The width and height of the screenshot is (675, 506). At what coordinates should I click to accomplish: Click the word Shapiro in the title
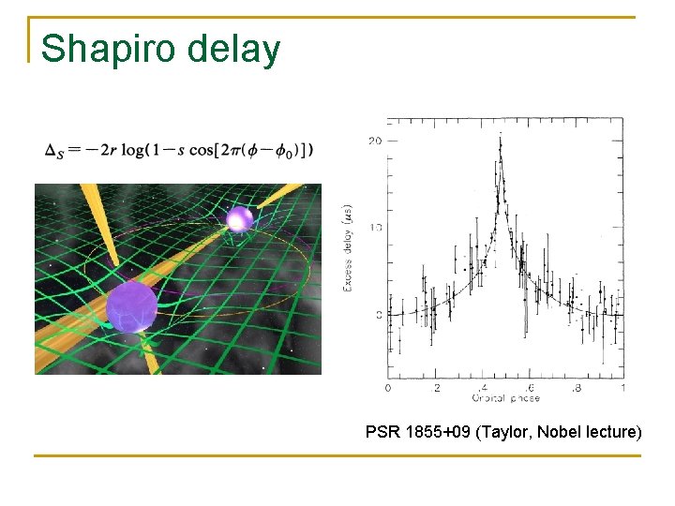[109, 49]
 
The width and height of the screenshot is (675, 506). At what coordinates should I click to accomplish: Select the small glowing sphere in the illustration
[240, 219]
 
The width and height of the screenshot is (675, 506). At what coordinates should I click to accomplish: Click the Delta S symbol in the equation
[53, 151]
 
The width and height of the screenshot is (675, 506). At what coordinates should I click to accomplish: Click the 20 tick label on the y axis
[375, 141]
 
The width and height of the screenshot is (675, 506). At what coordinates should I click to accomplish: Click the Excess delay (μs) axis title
[349, 247]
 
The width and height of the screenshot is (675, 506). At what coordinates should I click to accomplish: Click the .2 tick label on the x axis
[435, 388]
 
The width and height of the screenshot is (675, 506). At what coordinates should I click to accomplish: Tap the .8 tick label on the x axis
[576, 388]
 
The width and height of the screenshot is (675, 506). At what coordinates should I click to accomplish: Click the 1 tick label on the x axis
[622, 388]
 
